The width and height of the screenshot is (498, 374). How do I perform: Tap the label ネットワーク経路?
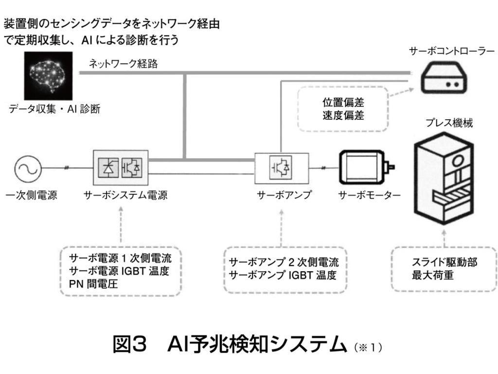point(123,64)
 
